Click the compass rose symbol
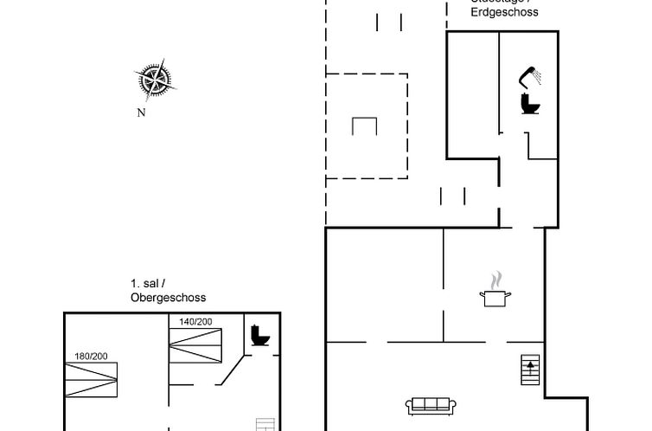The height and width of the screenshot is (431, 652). click(156, 80)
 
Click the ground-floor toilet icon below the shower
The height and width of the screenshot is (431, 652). click(530, 104)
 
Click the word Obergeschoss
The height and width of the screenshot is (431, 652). click(168, 298)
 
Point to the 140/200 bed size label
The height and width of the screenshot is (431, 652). click(195, 322)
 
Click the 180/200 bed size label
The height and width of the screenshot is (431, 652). click(91, 356)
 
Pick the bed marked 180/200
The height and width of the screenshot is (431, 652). click(91, 378)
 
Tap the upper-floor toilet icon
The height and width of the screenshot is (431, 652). click(259, 335)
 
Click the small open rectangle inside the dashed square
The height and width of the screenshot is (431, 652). click(366, 125)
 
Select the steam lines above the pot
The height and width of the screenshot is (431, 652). click(495, 280)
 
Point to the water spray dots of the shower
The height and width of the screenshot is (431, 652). click(538, 77)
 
